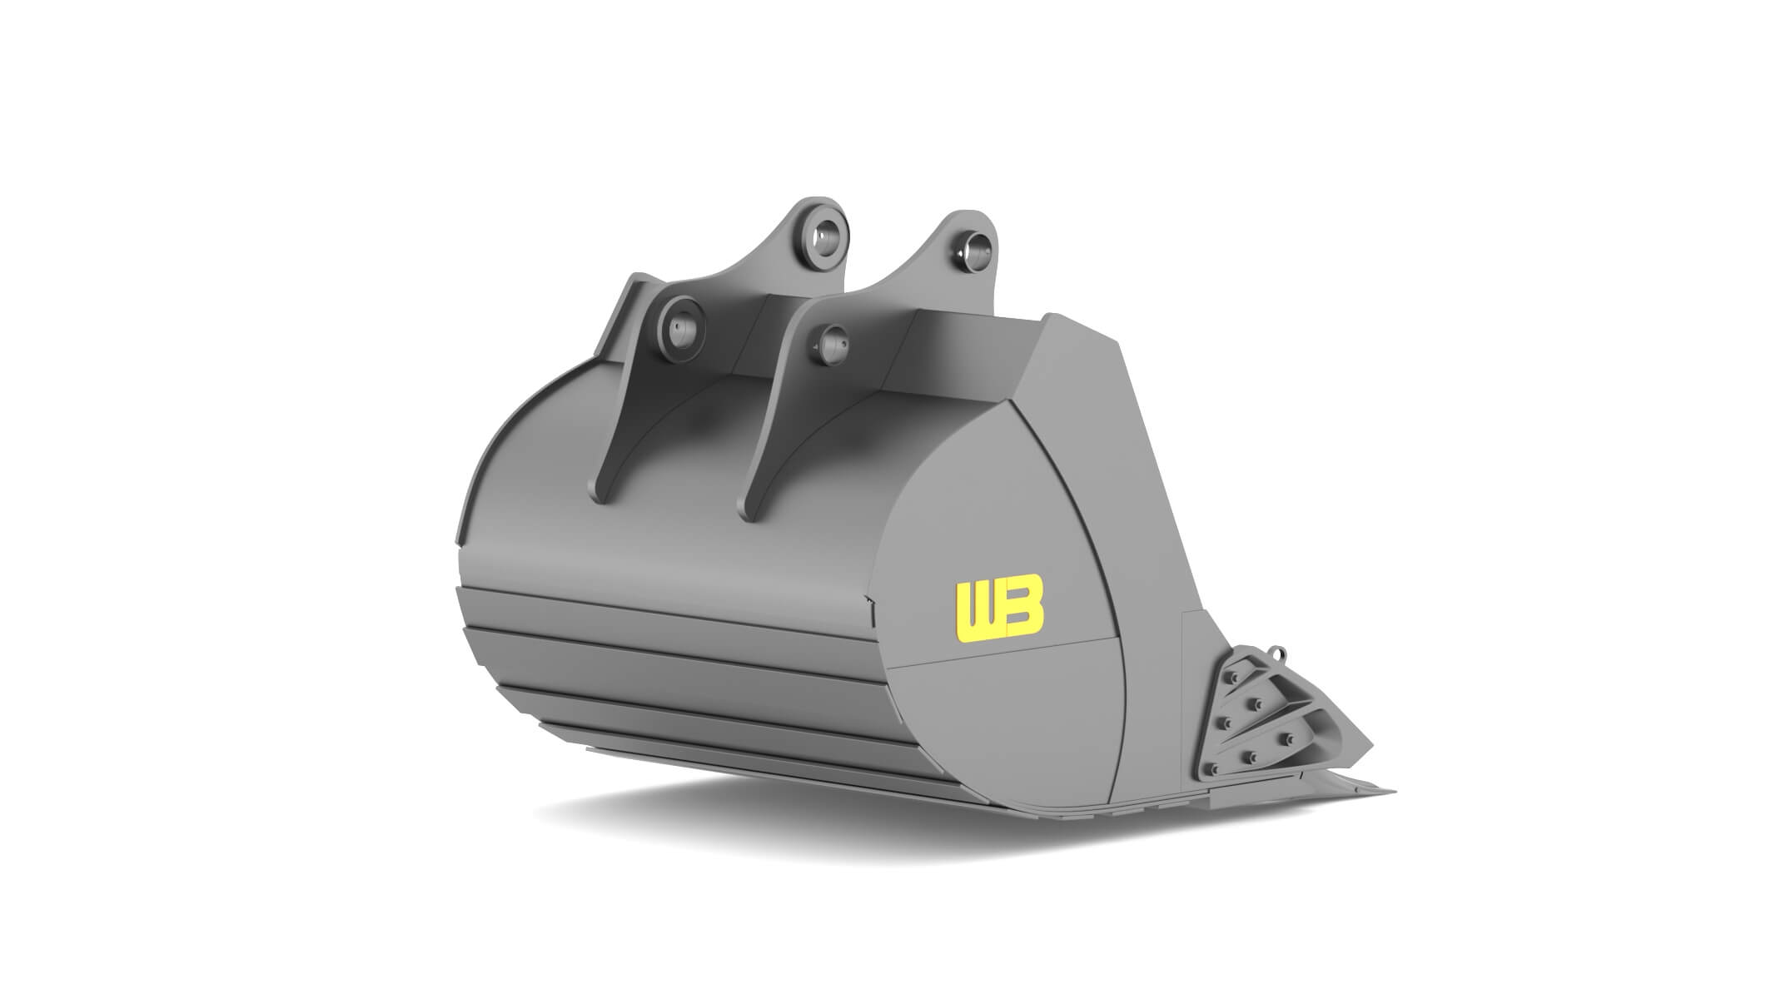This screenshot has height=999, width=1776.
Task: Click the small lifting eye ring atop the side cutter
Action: coord(1279,654)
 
